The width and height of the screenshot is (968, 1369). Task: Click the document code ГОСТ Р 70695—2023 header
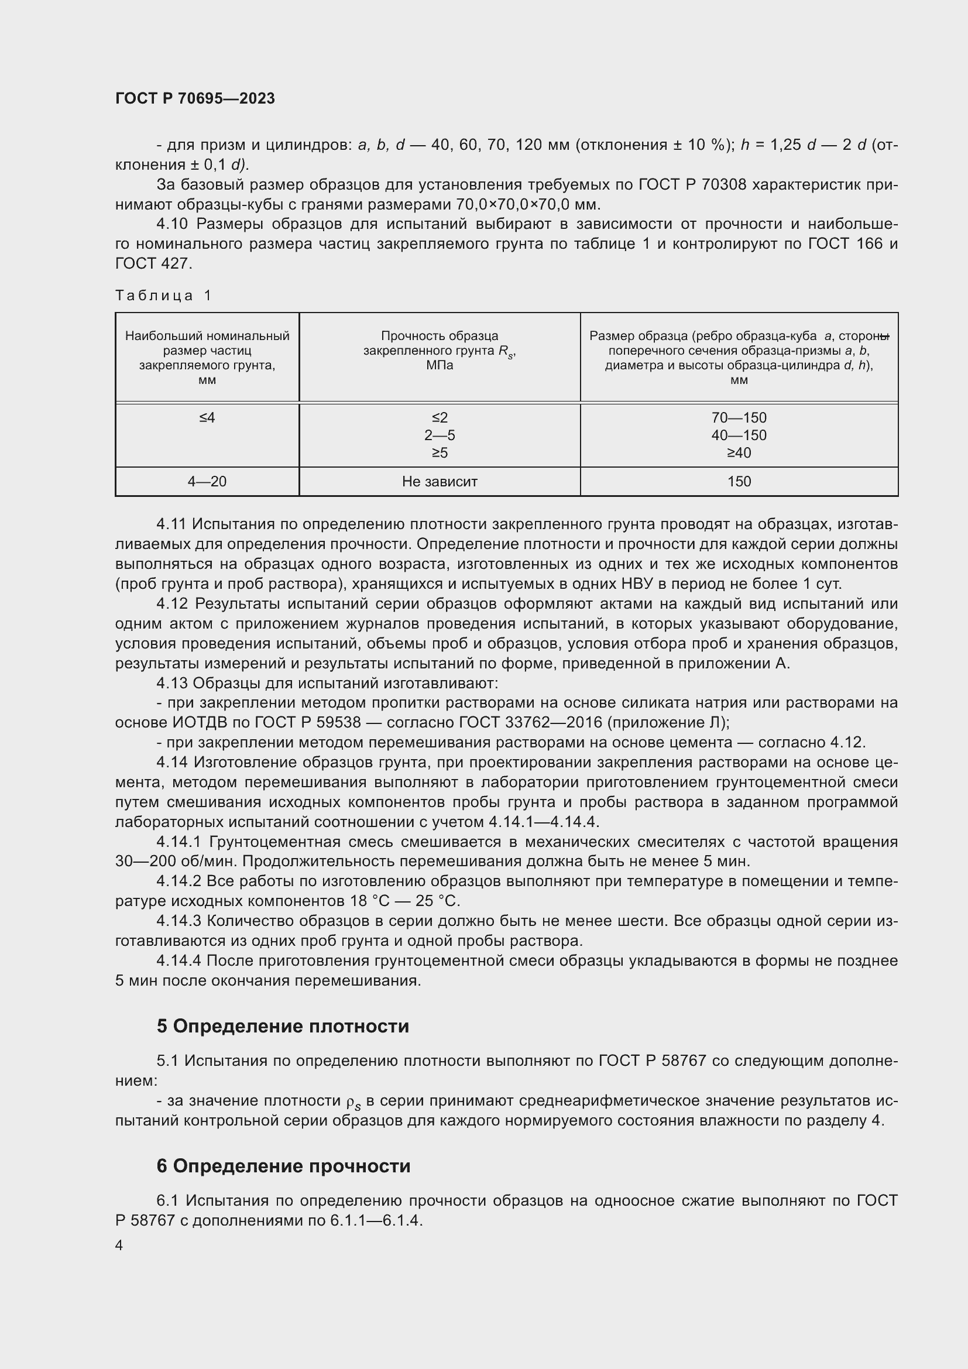pyautogui.click(x=195, y=98)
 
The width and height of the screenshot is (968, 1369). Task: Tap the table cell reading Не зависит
pyautogui.click(x=440, y=482)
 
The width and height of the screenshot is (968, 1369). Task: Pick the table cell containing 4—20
pyautogui.click(x=207, y=482)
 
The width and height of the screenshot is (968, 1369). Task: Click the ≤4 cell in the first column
pyautogui.click(x=207, y=418)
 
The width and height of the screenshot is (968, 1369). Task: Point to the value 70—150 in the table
pyautogui.click(x=739, y=418)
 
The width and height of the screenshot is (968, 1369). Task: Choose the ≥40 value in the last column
pyautogui.click(x=739, y=453)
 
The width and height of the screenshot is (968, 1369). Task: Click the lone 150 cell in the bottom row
pyautogui.click(x=739, y=482)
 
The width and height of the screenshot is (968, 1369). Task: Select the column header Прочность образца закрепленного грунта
pyautogui.click(x=440, y=351)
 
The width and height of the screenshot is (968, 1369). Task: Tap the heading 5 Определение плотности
pyautogui.click(x=283, y=1026)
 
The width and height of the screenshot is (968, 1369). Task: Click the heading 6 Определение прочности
pyautogui.click(x=283, y=1166)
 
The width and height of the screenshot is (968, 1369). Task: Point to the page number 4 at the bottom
pyautogui.click(x=119, y=1246)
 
